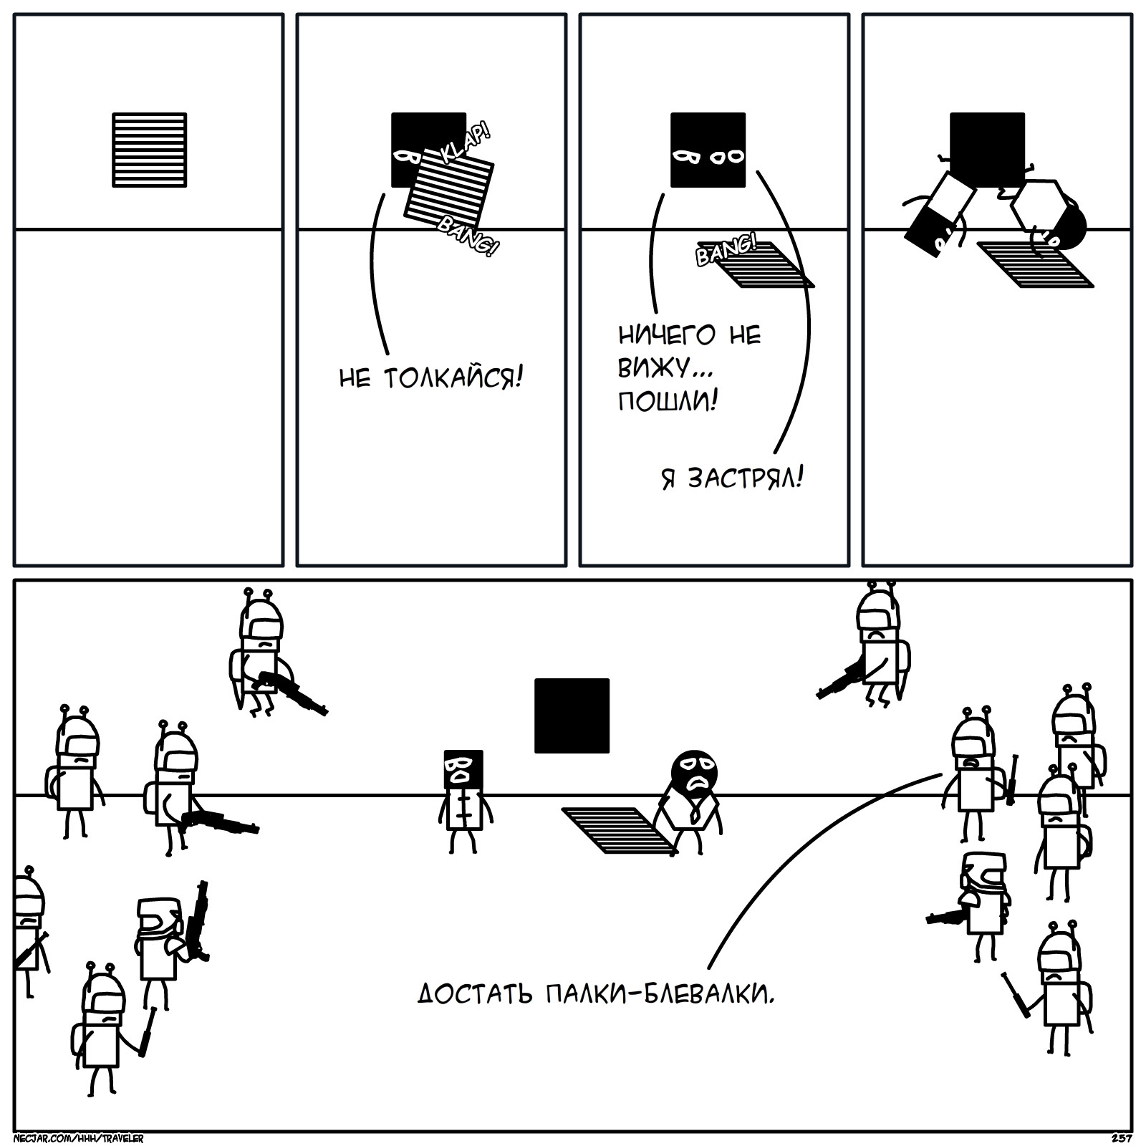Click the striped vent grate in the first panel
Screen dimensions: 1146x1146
(x=149, y=150)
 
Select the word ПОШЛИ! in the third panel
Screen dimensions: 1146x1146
(x=668, y=401)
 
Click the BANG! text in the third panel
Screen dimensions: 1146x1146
(x=725, y=249)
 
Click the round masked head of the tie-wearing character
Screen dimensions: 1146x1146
(x=693, y=772)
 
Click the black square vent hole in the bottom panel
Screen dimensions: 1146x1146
(x=572, y=716)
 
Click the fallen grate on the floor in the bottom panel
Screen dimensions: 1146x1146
(x=617, y=831)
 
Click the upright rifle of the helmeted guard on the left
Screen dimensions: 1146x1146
(x=198, y=920)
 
